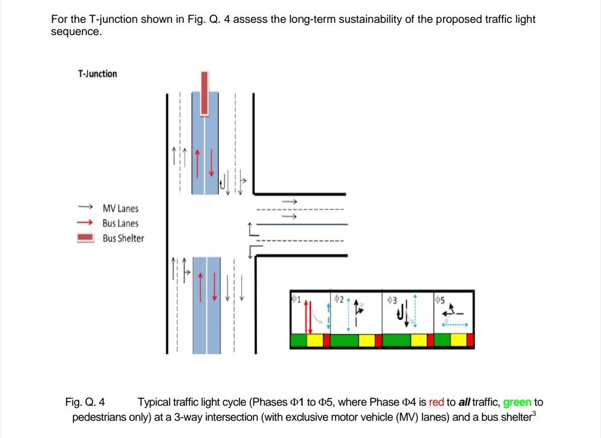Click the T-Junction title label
(97, 74)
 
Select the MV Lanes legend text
(120, 209)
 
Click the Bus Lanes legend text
(120, 224)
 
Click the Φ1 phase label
(295, 299)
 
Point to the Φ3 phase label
(391, 299)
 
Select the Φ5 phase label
(440, 299)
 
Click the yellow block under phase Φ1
(315, 341)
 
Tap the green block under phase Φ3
(396, 341)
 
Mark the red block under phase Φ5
(470, 341)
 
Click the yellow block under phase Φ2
(366, 341)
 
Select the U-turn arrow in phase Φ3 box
(400, 316)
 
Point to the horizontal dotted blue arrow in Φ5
(455, 324)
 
